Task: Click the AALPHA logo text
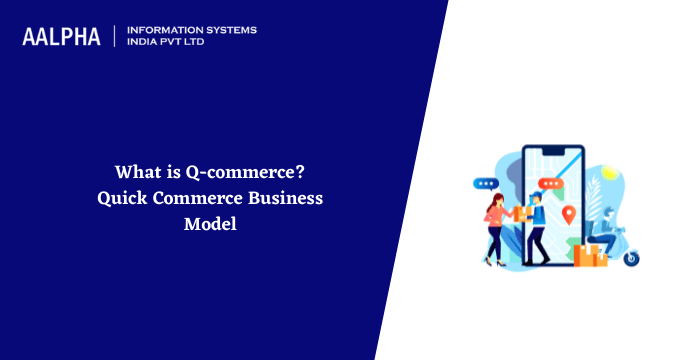coord(61,37)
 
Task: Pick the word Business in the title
coord(286,198)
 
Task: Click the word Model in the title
coord(209,225)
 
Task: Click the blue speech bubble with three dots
coord(486,184)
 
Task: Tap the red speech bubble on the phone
coord(548,184)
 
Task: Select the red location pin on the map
coord(569,214)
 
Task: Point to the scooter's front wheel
coord(632,258)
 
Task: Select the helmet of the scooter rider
coord(611,214)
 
